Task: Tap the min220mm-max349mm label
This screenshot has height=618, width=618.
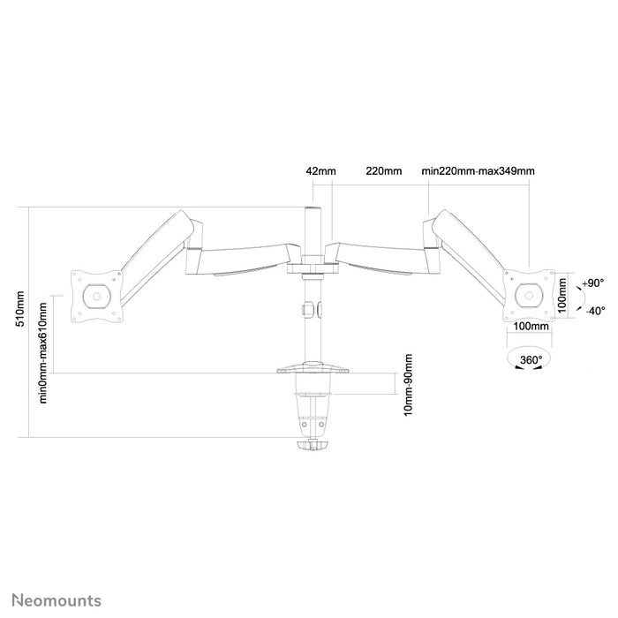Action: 479,170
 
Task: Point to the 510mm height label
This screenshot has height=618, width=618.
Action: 20,312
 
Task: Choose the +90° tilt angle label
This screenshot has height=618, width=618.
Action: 593,284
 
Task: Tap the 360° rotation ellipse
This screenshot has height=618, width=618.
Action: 529,361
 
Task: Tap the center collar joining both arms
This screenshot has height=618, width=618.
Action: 312,261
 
